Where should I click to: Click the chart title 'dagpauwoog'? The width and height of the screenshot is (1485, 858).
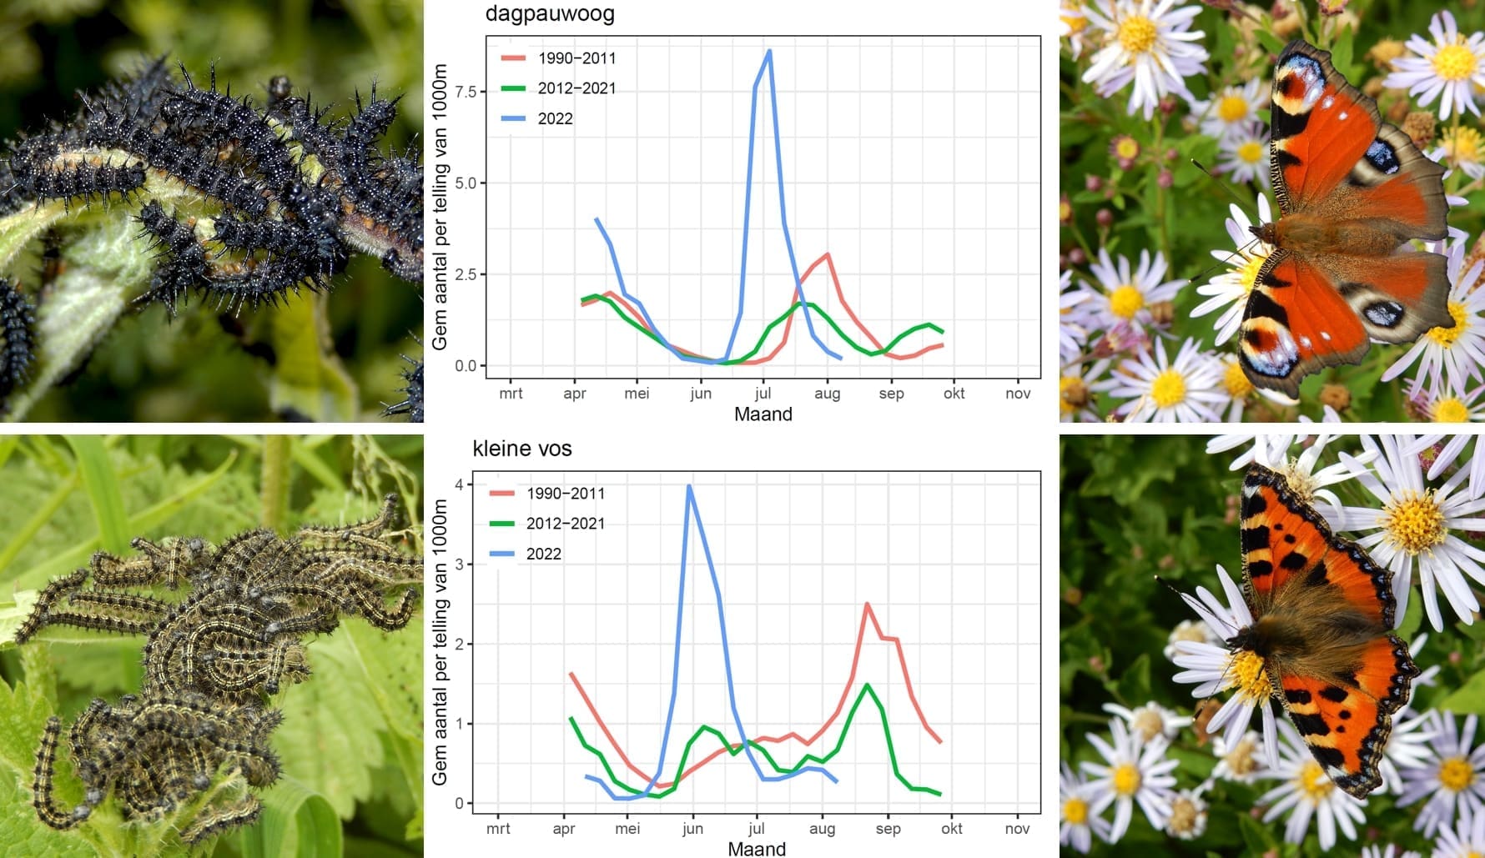pos(550,14)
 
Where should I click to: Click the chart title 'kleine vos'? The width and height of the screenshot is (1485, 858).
pos(521,449)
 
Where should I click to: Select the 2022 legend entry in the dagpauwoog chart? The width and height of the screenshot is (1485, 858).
pos(555,118)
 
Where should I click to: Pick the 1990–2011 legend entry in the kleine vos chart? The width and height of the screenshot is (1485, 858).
pos(565,493)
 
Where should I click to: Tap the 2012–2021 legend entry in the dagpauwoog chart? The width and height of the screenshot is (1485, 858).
pos(576,88)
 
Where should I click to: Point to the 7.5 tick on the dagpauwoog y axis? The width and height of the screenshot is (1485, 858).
pos(466,92)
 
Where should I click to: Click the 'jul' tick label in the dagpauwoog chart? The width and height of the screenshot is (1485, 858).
pos(763,394)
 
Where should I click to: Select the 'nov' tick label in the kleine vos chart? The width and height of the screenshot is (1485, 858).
pos(1017,829)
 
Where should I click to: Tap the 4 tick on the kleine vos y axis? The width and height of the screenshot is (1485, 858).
pos(459,484)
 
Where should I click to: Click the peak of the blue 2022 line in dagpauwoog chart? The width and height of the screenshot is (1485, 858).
pos(769,51)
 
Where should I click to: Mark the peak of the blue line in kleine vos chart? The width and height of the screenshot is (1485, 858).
pos(689,485)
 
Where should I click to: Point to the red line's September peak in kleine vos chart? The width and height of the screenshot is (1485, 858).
pos(868,604)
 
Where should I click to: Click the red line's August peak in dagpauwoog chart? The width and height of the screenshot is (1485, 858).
pos(827,254)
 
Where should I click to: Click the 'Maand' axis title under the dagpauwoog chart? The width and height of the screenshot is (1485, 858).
pos(763,414)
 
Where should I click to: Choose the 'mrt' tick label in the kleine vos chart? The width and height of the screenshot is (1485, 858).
pos(498,829)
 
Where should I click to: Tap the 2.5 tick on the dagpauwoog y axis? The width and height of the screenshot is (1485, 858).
pos(466,274)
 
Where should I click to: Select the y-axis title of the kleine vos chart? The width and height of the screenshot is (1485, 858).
pos(440,642)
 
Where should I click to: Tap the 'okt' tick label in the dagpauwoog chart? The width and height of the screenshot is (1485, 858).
pos(954,394)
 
